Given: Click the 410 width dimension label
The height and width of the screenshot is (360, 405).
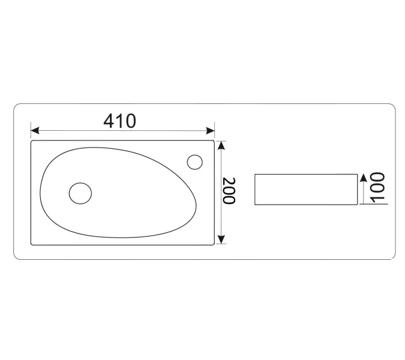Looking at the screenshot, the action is pyautogui.click(x=119, y=121).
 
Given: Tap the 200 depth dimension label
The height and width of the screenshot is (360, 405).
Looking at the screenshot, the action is pyautogui.click(x=229, y=191).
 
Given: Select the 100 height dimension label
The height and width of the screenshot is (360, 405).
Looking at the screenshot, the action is pyautogui.click(x=377, y=188).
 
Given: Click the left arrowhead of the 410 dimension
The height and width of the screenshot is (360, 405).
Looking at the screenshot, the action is pyautogui.click(x=35, y=130).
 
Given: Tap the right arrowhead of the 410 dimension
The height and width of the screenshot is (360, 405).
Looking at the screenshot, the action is pyautogui.click(x=210, y=130).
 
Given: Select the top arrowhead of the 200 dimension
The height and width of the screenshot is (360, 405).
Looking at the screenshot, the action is pyautogui.click(x=221, y=145).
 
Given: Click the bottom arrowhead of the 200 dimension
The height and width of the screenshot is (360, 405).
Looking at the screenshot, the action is pyautogui.click(x=221, y=239).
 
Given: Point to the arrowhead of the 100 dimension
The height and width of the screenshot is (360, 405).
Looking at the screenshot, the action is pyautogui.click(x=364, y=178).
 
